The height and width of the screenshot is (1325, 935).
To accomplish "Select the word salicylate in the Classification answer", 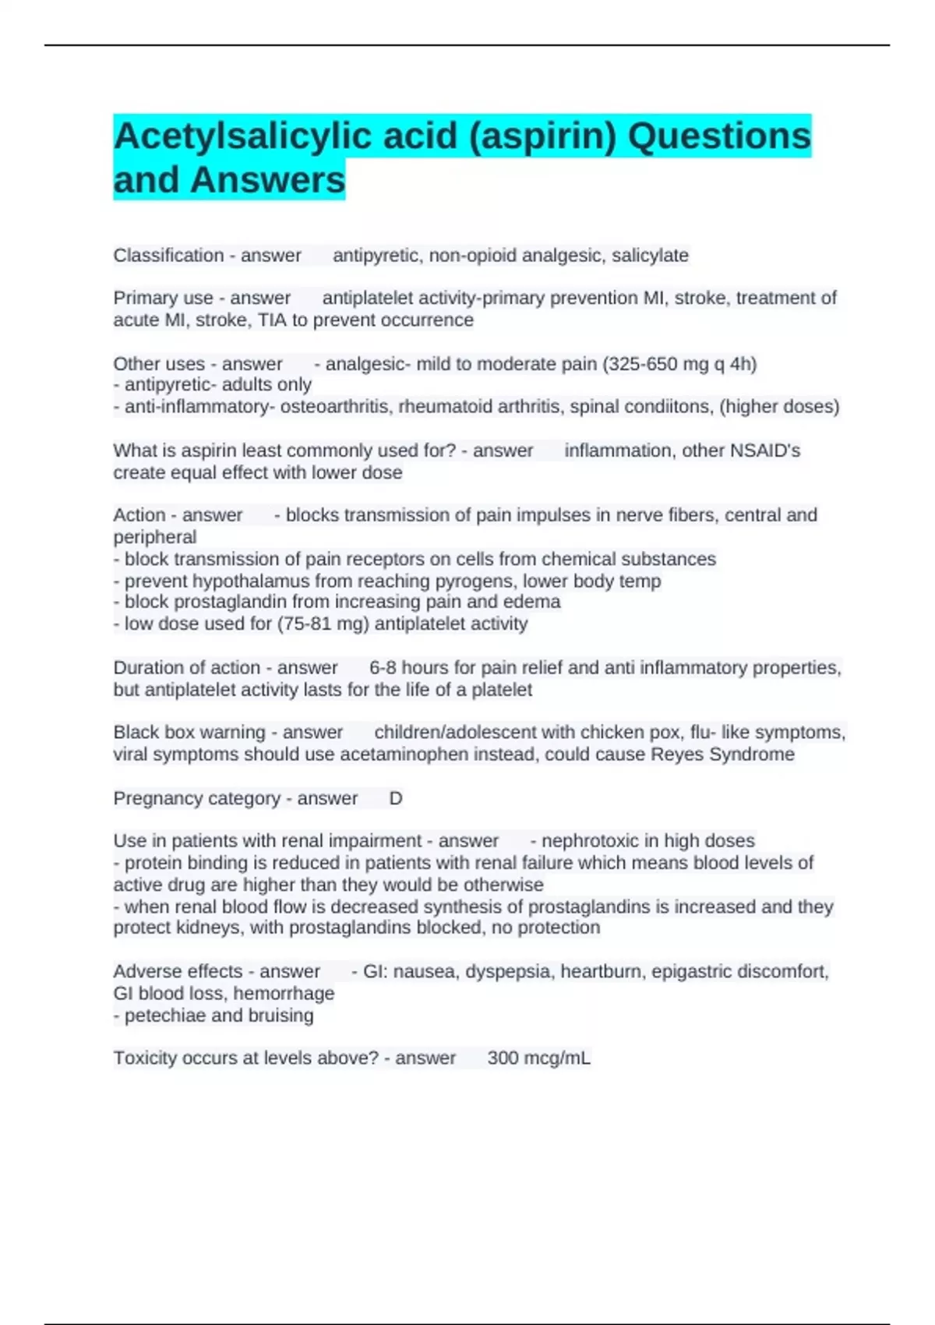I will pos(650,256).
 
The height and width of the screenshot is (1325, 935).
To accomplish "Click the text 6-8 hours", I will pos(397,668).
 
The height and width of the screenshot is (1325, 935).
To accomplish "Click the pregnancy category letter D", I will pos(396,799).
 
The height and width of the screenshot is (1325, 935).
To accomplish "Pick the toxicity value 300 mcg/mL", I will pos(538,1058).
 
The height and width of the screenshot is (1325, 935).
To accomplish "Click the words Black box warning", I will pos(189,733).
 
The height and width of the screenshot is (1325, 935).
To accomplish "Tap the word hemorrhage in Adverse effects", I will pos(284,994).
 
